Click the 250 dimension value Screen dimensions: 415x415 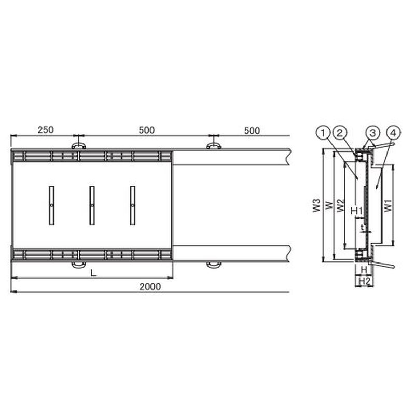pyautogui.click(x=46, y=130)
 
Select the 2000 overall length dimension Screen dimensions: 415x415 pyautogui.click(x=150, y=287)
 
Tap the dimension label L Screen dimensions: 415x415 pyautogui.click(x=93, y=273)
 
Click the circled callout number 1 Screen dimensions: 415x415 pyautogui.click(x=323, y=133)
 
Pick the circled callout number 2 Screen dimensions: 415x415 pyautogui.click(x=340, y=133)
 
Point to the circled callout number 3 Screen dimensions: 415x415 pyautogui.click(x=373, y=133)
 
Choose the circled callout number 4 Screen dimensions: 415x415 pyautogui.click(x=394, y=133)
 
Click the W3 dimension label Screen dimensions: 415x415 pyautogui.click(x=316, y=205)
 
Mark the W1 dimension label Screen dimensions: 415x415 pyautogui.click(x=388, y=205)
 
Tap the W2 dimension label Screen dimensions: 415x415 pyautogui.click(x=341, y=205)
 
